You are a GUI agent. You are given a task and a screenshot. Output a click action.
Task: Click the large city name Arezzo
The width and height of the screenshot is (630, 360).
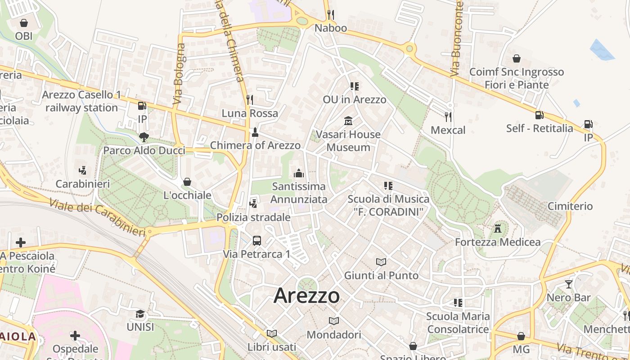pyautogui.click(x=306, y=296)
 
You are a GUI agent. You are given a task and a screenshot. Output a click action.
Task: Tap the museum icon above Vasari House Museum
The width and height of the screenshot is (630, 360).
pyautogui.click(x=348, y=121)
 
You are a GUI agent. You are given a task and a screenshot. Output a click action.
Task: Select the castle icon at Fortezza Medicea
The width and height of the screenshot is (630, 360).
pyautogui.click(x=498, y=228)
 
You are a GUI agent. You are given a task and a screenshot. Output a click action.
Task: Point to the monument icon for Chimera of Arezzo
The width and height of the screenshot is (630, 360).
pyautogui.click(x=255, y=132)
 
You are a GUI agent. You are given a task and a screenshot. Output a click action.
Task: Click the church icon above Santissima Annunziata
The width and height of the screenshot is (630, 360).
pyautogui.click(x=298, y=173)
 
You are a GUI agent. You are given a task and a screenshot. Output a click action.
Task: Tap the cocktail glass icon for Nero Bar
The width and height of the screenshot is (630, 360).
pyautogui.click(x=569, y=284)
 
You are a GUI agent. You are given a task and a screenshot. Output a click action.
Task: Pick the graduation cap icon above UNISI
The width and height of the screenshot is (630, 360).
pyautogui.click(x=140, y=314)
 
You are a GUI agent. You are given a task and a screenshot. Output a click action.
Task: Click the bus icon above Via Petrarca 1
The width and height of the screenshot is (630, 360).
pyautogui.click(x=256, y=241)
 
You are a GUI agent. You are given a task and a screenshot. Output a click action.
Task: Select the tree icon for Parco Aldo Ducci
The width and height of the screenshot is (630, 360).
pyautogui.click(x=144, y=137)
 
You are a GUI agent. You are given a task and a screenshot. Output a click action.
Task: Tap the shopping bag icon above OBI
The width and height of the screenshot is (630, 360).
pyautogui.click(x=24, y=22)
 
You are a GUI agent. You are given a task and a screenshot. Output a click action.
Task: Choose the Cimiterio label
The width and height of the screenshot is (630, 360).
pyautogui.click(x=570, y=206)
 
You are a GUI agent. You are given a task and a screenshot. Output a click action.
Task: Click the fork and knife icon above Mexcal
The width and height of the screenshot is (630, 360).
pyautogui.click(x=448, y=117)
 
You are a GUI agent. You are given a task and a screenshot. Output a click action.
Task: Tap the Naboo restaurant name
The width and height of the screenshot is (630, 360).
pyautogui.click(x=331, y=28)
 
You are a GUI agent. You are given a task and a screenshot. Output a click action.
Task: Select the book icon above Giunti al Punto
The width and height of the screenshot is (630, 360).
pyautogui.click(x=381, y=262)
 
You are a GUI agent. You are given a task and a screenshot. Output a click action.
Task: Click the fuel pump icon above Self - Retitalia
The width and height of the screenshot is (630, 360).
pyautogui.click(x=539, y=115)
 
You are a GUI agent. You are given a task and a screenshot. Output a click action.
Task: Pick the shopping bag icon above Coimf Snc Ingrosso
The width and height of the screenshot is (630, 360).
pyautogui.click(x=517, y=58)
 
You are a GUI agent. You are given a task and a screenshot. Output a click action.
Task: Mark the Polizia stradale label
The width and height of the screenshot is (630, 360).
pyautogui.click(x=253, y=217)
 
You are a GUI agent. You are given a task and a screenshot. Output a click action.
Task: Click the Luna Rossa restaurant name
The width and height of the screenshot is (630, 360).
pyautogui.click(x=250, y=113)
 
